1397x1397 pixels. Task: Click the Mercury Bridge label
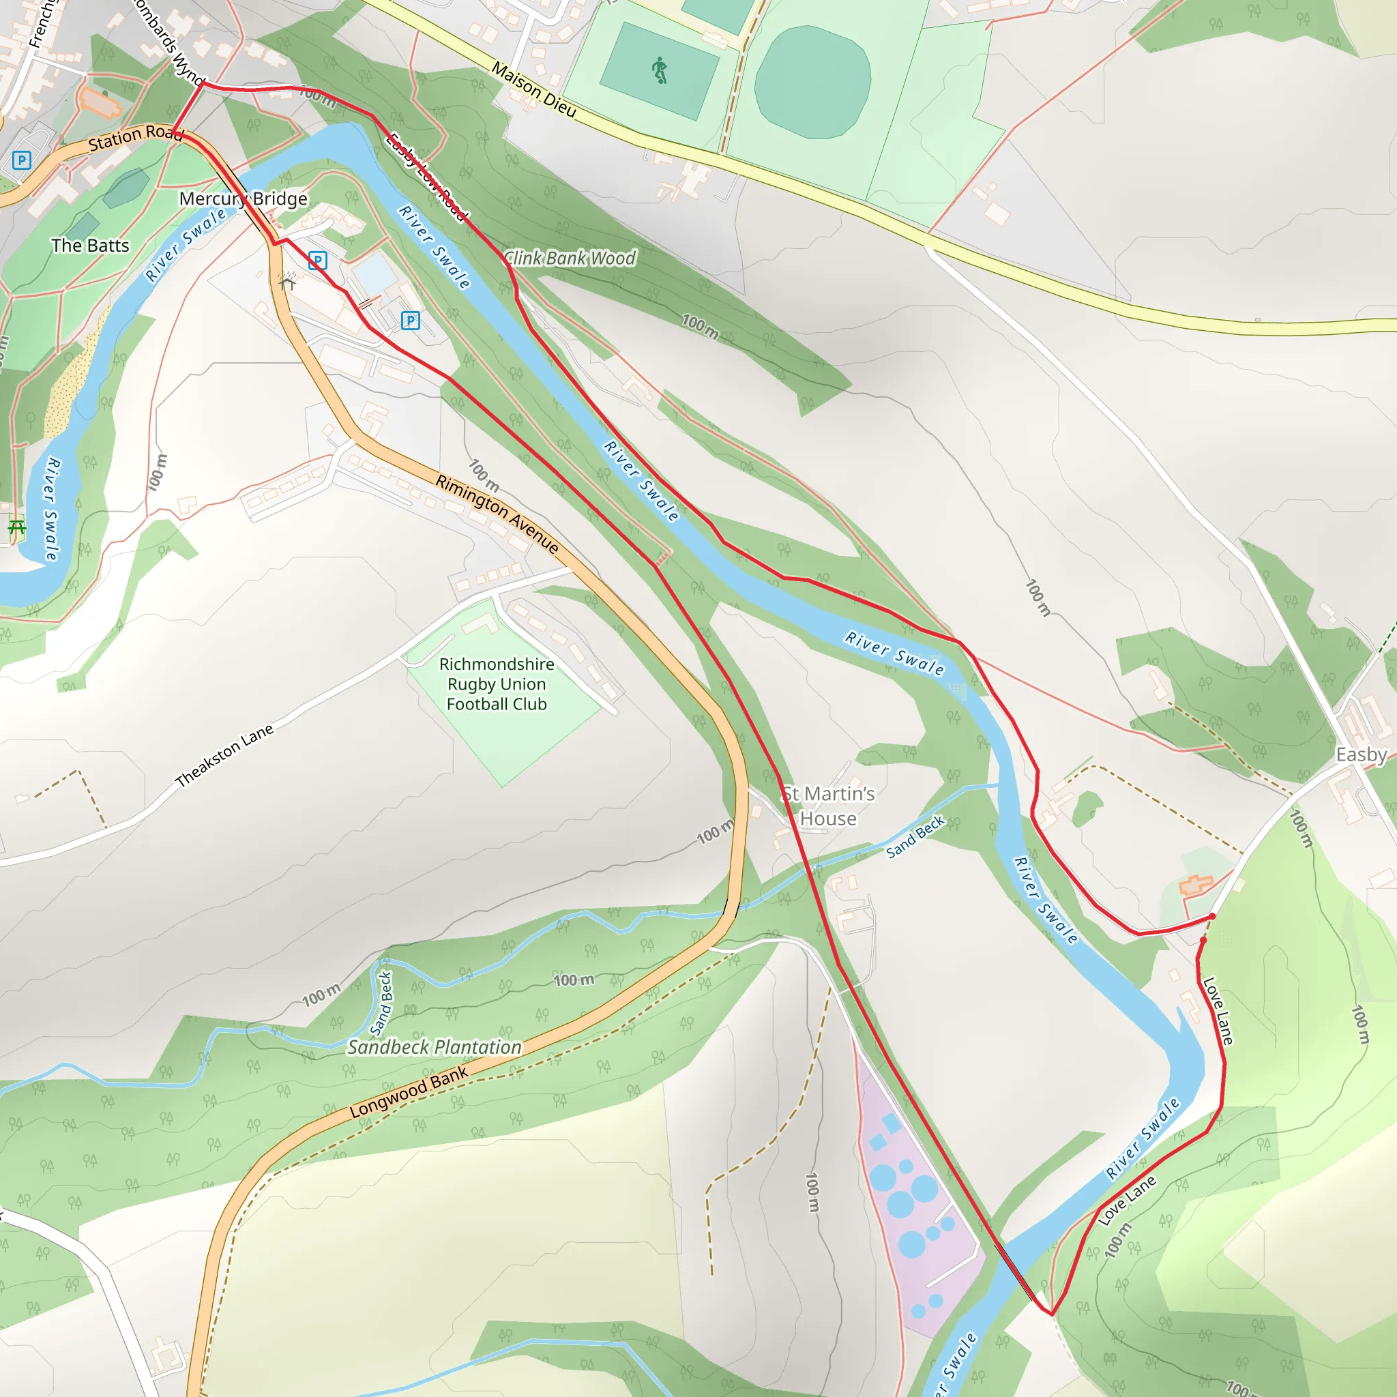(x=243, y=199)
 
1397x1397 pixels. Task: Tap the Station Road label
(x=134, y=136)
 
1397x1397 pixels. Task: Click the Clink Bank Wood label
(x=570, y=258)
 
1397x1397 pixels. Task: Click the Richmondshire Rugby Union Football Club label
(x=496, y=684)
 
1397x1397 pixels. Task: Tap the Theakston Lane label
(x=224, y=755)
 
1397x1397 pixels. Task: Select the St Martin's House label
(x=828, y=806)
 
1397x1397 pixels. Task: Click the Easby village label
(x=1360, y=754)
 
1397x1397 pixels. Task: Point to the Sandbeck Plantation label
(x=435, y=1047)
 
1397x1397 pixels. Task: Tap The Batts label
(x=91, y=246)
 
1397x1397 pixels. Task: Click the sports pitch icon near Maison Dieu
(x=659, y=71)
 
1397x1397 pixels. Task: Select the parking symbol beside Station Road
(x=22, y=160)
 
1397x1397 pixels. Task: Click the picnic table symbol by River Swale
(x=16, y=527)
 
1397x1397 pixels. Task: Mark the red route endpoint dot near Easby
(x=1212, y=916)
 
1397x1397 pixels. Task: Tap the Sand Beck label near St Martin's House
(x=915, y=836)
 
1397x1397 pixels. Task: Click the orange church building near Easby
(x=1195, y=883)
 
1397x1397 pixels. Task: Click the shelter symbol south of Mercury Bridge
(x=288, y=280)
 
